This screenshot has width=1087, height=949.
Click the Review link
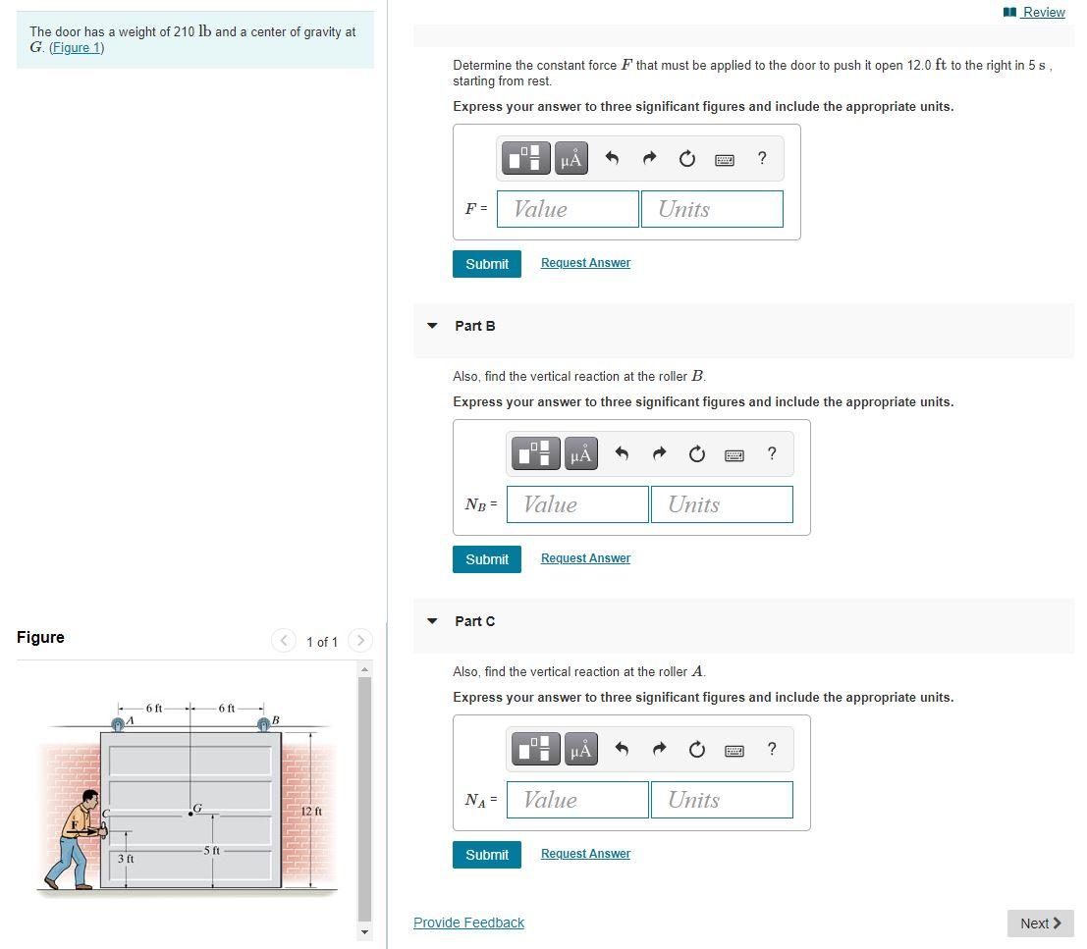1034,12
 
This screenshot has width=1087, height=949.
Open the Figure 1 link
77,48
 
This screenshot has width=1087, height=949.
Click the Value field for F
568,209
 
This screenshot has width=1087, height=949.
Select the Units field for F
712,209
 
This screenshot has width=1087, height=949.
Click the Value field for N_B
577,504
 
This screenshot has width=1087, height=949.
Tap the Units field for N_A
722,800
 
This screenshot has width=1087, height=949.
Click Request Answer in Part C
586,854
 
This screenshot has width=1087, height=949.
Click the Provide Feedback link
468,923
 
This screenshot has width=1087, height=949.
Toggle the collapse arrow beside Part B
433,326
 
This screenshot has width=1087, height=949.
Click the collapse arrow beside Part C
433,621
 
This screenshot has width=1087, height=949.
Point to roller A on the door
118,724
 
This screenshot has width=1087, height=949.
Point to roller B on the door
263,724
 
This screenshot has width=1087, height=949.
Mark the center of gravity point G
190,814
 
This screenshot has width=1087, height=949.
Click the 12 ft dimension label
311,812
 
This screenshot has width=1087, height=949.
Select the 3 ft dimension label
126,859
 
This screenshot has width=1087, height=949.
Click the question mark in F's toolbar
762,159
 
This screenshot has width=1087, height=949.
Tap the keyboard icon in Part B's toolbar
734,455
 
